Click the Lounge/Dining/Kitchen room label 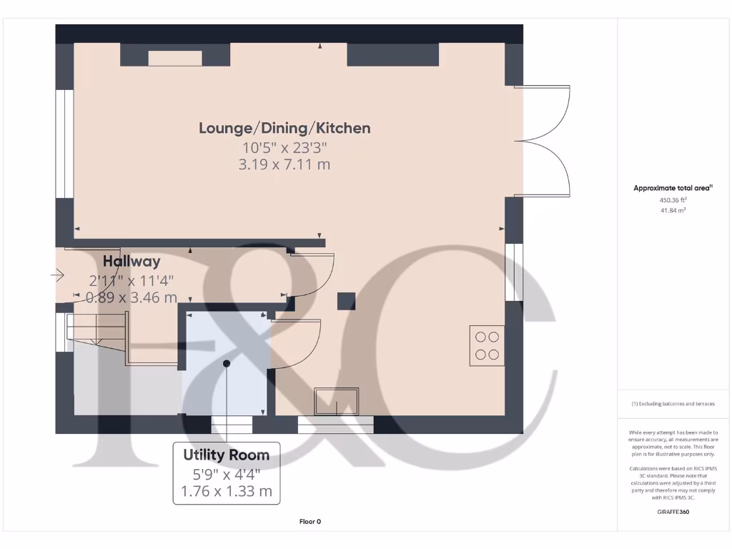pos(285,129)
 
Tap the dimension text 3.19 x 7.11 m pos(285,165)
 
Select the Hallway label pos(132,262)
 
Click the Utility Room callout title pos(227,455)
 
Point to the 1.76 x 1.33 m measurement pos(227,491)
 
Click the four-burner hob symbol pos(487,345)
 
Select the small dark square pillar pos(347,301)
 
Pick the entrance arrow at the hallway pos(57,274)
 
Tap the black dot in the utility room pos(227,364)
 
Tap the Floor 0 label pos(310,522)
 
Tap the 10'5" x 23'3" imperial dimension pos(285,148)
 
